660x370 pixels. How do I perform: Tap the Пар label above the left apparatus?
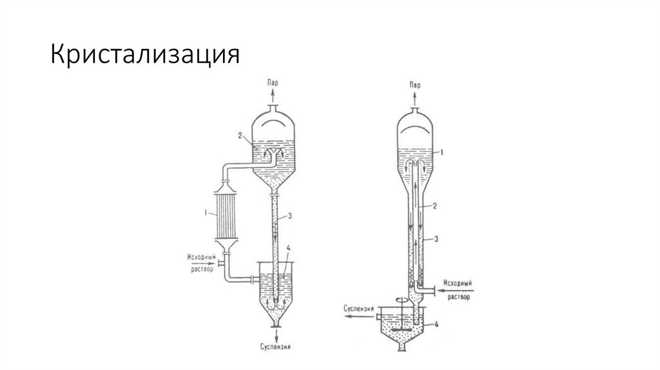(274, 84)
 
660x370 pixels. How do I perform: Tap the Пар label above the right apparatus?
(415, 85)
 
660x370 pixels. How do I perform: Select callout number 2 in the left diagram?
(239, 137)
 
